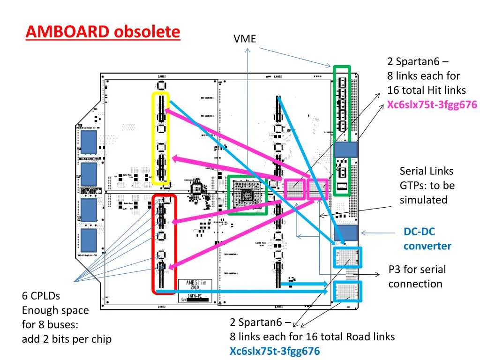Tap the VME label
point(245,39)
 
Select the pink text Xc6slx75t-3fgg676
point(432,105)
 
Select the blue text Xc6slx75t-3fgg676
point(275,351)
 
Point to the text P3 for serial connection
point(417,277)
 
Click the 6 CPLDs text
point(41,296)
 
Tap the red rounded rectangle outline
point(154,244)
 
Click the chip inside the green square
point(247,195)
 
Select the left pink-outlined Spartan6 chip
point(295,189)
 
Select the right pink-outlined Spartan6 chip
point(318,189)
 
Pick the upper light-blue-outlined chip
point(347,257)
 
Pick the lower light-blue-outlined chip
point(347,291)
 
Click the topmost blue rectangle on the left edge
point(89,142)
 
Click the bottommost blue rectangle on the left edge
point(89,240)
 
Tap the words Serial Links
point(426,171)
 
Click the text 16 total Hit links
point(427,90)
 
